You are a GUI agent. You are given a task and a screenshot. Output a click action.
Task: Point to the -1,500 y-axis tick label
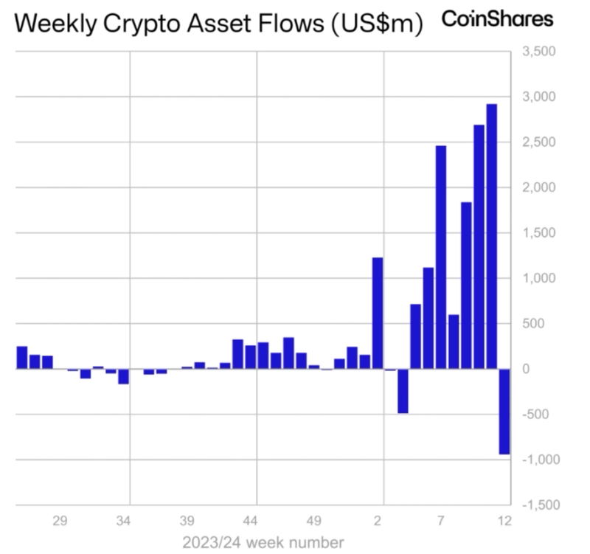coord(538,505)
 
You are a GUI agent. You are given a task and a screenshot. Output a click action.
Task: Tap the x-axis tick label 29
coord(60,521)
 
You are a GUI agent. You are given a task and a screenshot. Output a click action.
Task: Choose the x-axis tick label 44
coord(251,521)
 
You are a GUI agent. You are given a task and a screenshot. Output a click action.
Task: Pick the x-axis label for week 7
coord(441,521)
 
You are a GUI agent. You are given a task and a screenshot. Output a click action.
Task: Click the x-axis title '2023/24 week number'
coord(263,543)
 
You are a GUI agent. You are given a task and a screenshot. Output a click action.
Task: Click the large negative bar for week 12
coord(504,411)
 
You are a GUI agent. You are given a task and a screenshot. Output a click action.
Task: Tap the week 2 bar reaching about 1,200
coord(378,313)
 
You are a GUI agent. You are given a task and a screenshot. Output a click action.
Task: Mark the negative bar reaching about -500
coord(403,390)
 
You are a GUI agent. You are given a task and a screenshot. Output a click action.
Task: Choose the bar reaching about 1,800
coord(466,285)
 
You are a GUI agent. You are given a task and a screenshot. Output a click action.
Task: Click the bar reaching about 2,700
coord(479,246)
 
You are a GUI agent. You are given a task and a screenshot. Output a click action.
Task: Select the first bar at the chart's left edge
coord(22,357)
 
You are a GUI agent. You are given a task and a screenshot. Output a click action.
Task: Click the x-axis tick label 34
coord(124,521)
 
